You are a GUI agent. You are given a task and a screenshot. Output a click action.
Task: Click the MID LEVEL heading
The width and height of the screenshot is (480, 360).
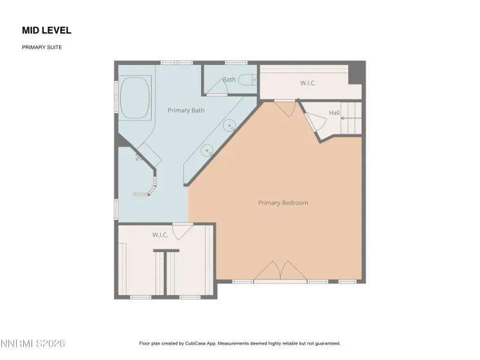pos(46,30)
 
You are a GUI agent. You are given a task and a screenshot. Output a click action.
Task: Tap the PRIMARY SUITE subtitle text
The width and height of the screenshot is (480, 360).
pos(42,47)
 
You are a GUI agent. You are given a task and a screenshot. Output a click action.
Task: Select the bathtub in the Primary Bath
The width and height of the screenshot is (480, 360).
pos(134,98)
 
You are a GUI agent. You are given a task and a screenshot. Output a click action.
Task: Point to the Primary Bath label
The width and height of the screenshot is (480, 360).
pos(186,111)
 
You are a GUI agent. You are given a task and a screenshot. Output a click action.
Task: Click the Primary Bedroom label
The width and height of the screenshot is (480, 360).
pos(283,203)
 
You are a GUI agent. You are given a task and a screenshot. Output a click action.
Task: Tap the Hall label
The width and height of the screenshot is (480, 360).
pos(334,113)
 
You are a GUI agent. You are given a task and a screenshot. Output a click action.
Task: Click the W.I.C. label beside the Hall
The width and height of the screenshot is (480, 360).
pos(308,84)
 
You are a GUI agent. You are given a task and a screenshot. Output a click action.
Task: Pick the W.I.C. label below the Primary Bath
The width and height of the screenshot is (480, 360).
pos(160,235)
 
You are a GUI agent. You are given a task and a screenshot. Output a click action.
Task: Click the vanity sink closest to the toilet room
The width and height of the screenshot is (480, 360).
pos(229,126)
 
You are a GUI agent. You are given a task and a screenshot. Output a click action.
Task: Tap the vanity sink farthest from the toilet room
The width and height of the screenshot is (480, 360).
pos(206,152)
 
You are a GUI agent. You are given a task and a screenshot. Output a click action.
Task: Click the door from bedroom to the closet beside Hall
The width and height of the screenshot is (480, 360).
pos(284,108)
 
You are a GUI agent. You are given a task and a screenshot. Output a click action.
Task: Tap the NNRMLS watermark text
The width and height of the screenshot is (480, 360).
pos(33,343)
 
